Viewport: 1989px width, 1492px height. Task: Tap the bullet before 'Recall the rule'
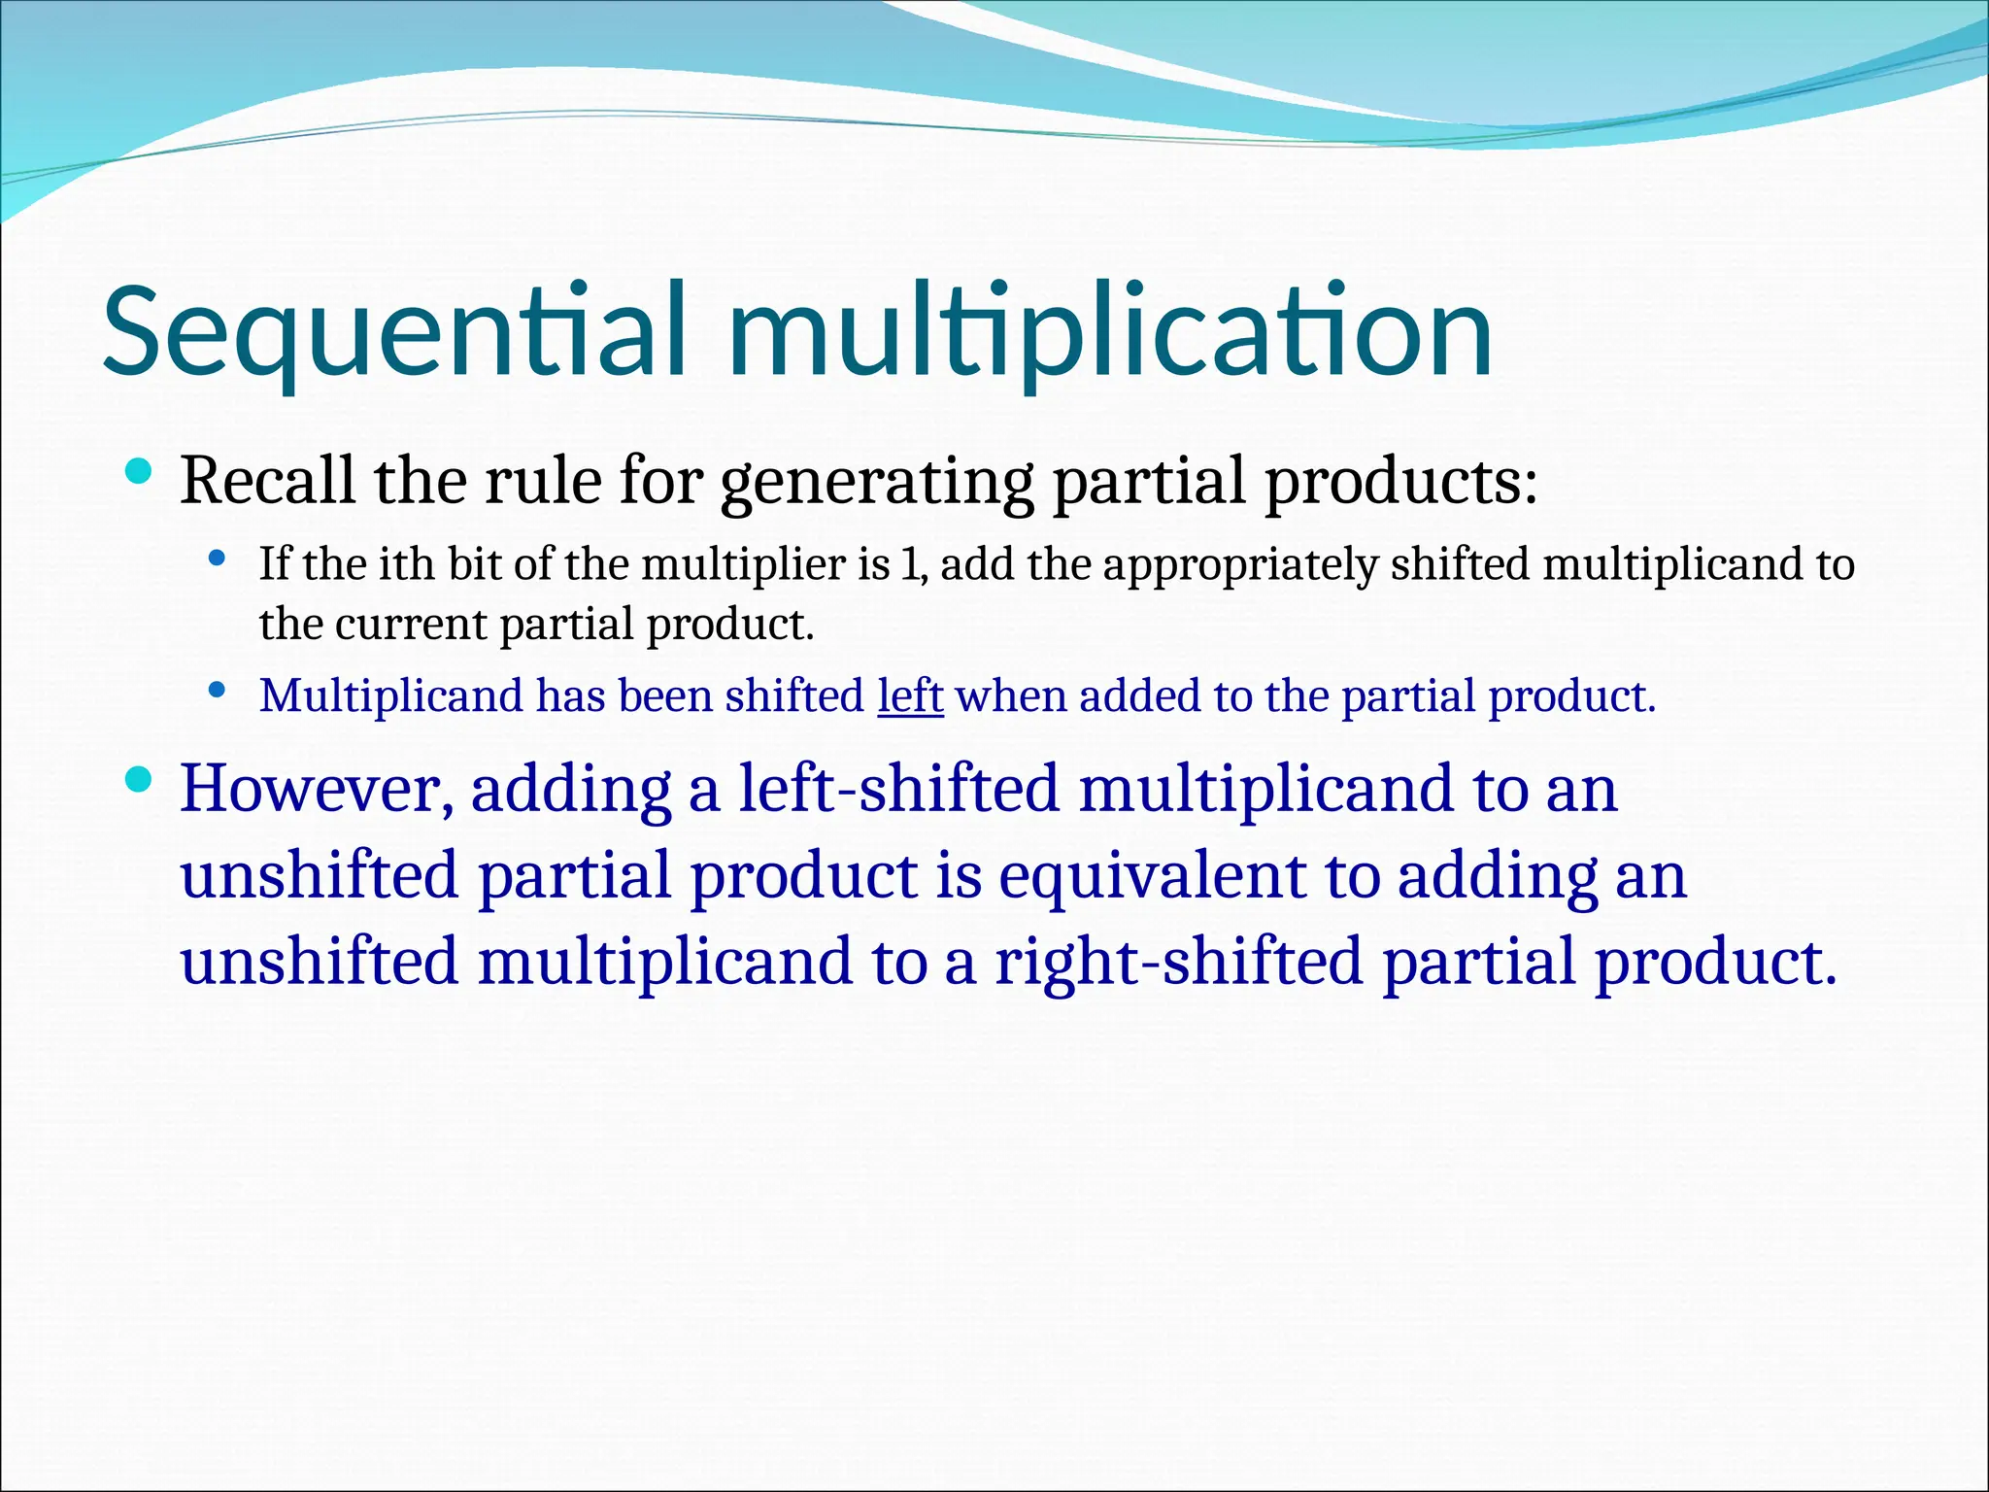[x=139, y=473]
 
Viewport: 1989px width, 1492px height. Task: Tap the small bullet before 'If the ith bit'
[x=218, y=559]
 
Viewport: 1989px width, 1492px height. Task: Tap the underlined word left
[x=910, y=695]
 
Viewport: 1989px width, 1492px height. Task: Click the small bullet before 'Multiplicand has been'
[x=218, y=691]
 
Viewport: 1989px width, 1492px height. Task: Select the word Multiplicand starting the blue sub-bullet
[x=391, y=695]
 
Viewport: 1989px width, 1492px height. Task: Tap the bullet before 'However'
[x=139, y=778]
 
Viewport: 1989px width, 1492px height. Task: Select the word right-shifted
[x=1178, y=961]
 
